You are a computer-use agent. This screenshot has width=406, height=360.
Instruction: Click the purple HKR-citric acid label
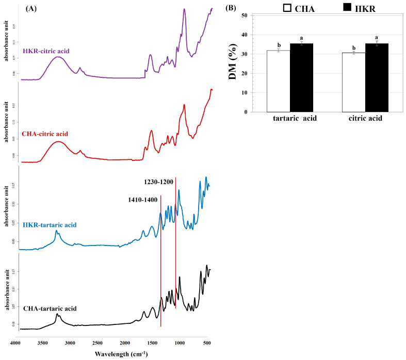tap(46, 51)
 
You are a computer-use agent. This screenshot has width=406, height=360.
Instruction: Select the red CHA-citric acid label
tap(45, 134)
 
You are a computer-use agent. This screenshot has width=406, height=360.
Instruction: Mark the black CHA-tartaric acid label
tap(50, 308)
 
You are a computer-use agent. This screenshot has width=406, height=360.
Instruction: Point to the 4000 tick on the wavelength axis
tap(15, 342)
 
